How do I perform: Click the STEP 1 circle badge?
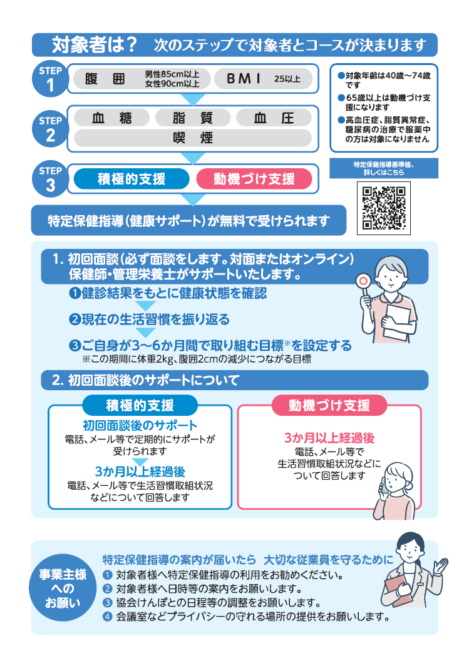(50, 79)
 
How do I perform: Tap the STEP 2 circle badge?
(50, 128)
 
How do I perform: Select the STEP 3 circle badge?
(50, 179)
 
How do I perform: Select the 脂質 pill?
(192, 118)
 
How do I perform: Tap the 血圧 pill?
(274, 118)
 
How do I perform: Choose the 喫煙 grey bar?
(192, 138)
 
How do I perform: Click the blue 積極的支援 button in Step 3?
(131, 179)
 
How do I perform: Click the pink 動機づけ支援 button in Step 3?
(254, 179)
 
